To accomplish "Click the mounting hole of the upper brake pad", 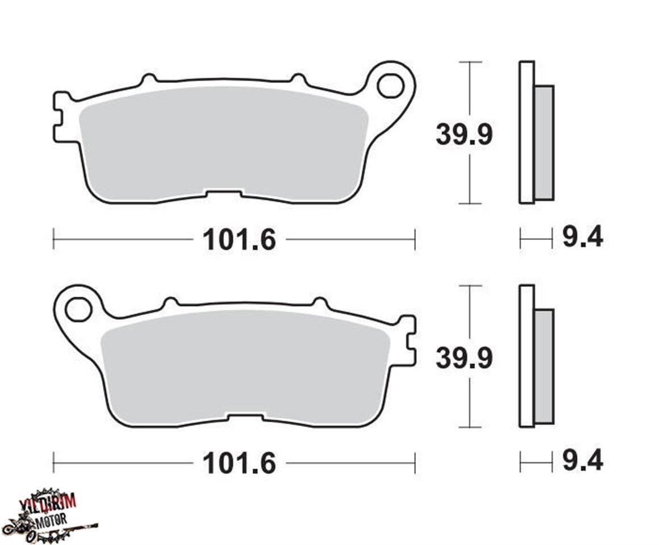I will (x=390, y=88).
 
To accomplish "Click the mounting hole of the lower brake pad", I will (x=78, y=310).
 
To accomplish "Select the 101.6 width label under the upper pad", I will (x=239, y=240).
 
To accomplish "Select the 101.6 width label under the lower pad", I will (x=239, y=463).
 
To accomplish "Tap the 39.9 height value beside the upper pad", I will (x=464, y=135).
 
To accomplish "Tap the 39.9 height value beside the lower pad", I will (x=464, y=358).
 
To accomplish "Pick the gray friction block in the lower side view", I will (x=544, y=367).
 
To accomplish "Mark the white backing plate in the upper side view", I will (x=527, y=132).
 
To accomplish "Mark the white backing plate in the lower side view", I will (x=527, y=355).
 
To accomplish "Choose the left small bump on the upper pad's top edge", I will (x=148, y=79).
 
